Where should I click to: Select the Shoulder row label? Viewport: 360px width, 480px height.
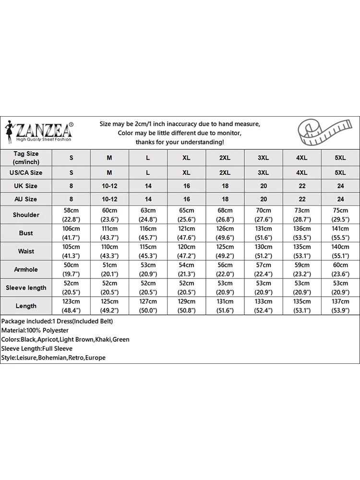pos(26,215)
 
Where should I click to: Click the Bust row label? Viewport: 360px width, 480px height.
pos(26,233)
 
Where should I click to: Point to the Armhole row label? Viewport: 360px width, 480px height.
pos(26,270)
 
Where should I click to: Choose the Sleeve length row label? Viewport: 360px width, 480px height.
pos(26,288)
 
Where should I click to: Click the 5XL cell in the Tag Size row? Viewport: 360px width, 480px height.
pos(340,157)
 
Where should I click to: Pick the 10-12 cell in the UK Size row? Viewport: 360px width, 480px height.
pos(109,186)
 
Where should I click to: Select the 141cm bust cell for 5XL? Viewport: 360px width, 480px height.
pos(340,233)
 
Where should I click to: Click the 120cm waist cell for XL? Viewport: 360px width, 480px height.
pos(186,252)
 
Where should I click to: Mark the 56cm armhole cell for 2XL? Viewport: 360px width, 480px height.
pos(225,270)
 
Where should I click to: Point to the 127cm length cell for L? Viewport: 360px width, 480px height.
pos(148,306)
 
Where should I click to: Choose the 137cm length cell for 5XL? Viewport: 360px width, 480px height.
pos(340,306)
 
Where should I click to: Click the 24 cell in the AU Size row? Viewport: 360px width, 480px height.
pos(340,199)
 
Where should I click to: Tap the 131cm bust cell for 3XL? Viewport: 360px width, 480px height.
pos(263,233)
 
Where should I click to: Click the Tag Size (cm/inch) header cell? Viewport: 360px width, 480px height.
pos(26,157)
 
